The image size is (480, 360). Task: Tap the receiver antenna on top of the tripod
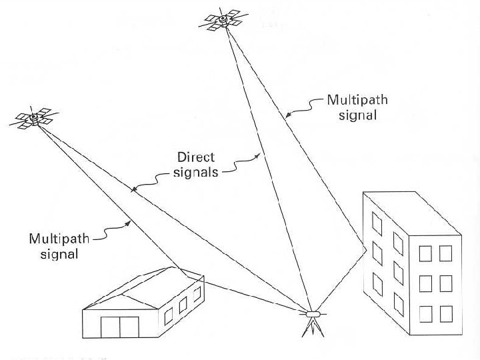click(313, 313)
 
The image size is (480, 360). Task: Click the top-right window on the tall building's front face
click(445, 253)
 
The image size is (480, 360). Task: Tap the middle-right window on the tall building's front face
click(445, 283)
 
